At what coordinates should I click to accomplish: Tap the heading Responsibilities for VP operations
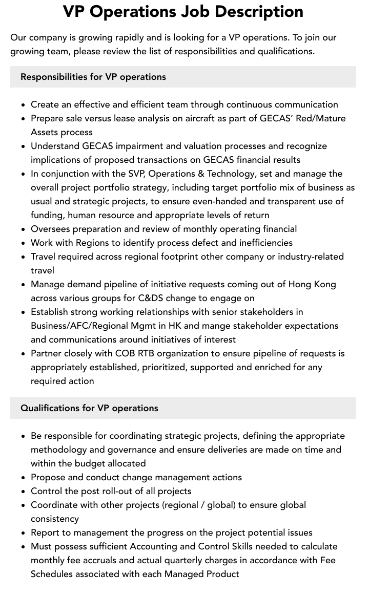click(93, 77)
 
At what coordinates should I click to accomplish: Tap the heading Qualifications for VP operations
click(89, 408)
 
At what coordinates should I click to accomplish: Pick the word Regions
click(93, 243)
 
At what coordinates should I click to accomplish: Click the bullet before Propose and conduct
click(24, 477)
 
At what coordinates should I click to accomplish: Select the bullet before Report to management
click(24, 533)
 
